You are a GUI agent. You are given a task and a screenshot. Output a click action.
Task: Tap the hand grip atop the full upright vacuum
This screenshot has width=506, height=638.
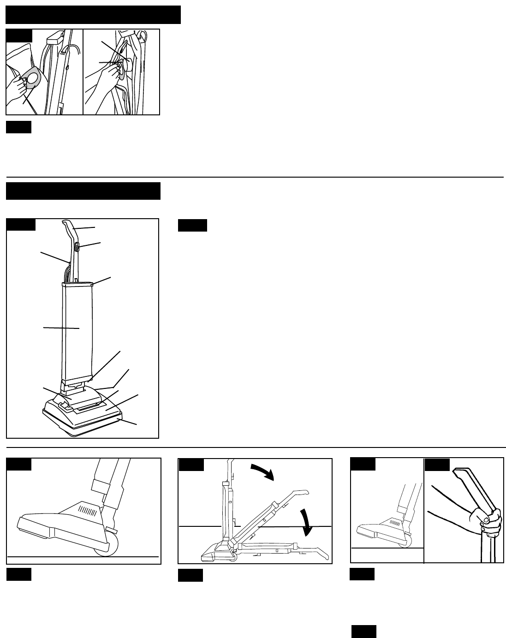pyautogui.click(x=70, y=226)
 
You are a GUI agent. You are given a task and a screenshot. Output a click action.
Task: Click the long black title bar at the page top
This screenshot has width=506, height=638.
pyautogui.click(x=93, y=15)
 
